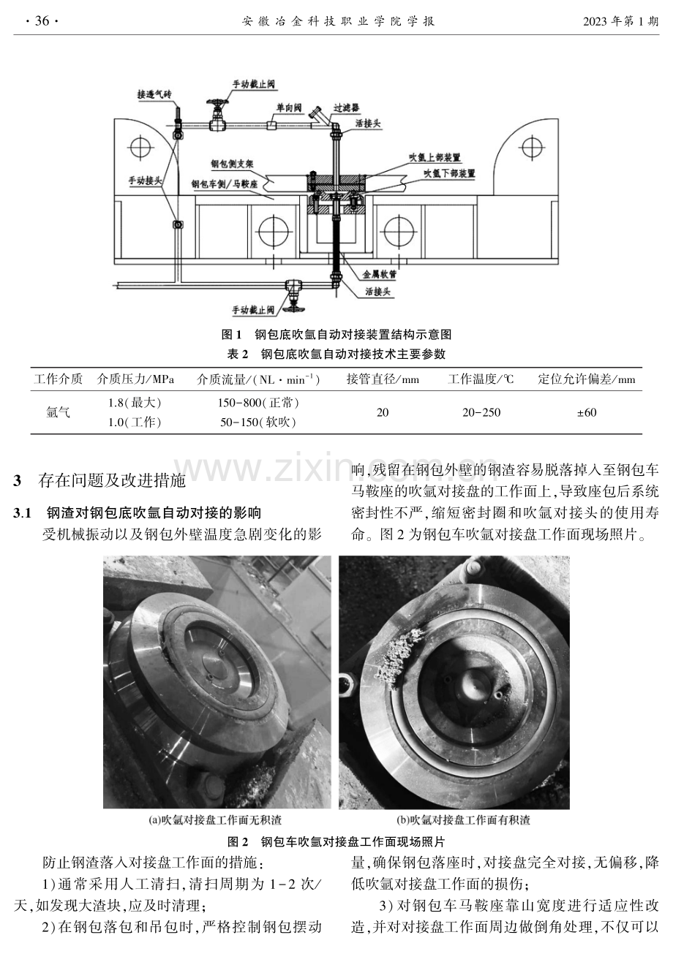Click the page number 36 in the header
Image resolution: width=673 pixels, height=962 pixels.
coord(42,20)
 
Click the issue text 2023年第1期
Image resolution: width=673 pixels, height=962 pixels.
coord(620,21)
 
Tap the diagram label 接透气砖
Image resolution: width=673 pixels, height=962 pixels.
coord(154,94)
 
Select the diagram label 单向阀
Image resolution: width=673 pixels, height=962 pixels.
coord(289,107)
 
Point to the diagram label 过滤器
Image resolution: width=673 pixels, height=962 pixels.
coord(347,107)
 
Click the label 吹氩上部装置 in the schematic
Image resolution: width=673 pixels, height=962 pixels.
coord(435,158)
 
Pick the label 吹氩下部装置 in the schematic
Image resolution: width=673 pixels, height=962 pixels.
coord(450,173)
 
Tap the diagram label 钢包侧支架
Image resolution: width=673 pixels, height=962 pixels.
coord(232,163)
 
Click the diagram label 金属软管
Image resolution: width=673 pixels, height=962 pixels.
coord(380,274)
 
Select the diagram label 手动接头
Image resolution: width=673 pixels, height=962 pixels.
coord(146,181)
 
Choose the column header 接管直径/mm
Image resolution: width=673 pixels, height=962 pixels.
coord(383,379)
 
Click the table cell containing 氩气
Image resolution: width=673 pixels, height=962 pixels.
coord(58,412)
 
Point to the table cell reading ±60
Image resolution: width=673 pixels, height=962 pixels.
coord(587,412)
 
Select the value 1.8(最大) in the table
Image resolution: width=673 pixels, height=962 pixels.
coord(135,403)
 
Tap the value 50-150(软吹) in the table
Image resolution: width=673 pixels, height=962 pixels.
coord(257,423)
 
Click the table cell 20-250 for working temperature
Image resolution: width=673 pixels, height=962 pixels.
coord(481,412)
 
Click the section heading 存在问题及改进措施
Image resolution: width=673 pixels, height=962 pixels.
coord(112,480)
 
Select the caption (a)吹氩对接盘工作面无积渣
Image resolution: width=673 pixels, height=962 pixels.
coord(215,820)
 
